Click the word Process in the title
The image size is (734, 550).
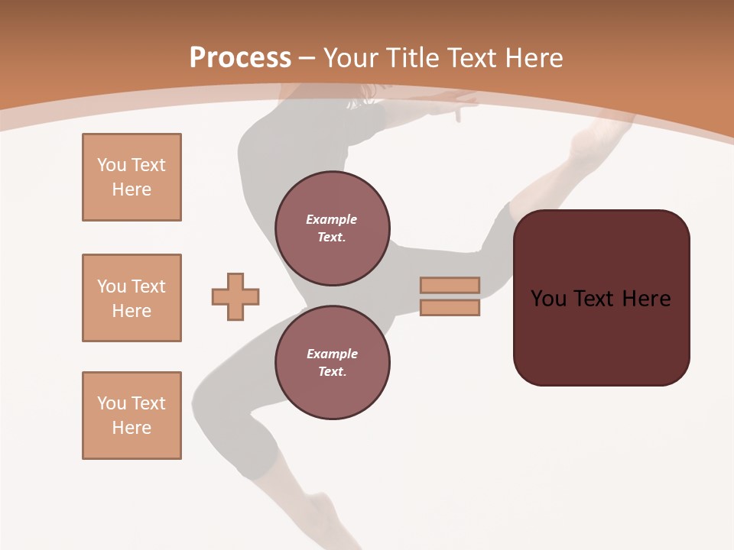(240, 58)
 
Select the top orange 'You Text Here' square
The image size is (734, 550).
(132, 177)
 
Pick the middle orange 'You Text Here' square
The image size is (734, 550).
(132, 298)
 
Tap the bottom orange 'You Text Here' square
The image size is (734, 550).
(132, 416)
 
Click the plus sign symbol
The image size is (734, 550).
(235, 296)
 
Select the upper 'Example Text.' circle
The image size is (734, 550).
(332, 228)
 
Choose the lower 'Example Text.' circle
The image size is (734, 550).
(332, 363)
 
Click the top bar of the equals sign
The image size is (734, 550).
(450, 285)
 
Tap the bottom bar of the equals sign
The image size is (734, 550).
(450, 308)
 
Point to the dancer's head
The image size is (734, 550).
(365, 92)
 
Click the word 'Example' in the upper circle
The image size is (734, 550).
(332, 219)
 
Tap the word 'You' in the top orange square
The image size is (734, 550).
(111, 165)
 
